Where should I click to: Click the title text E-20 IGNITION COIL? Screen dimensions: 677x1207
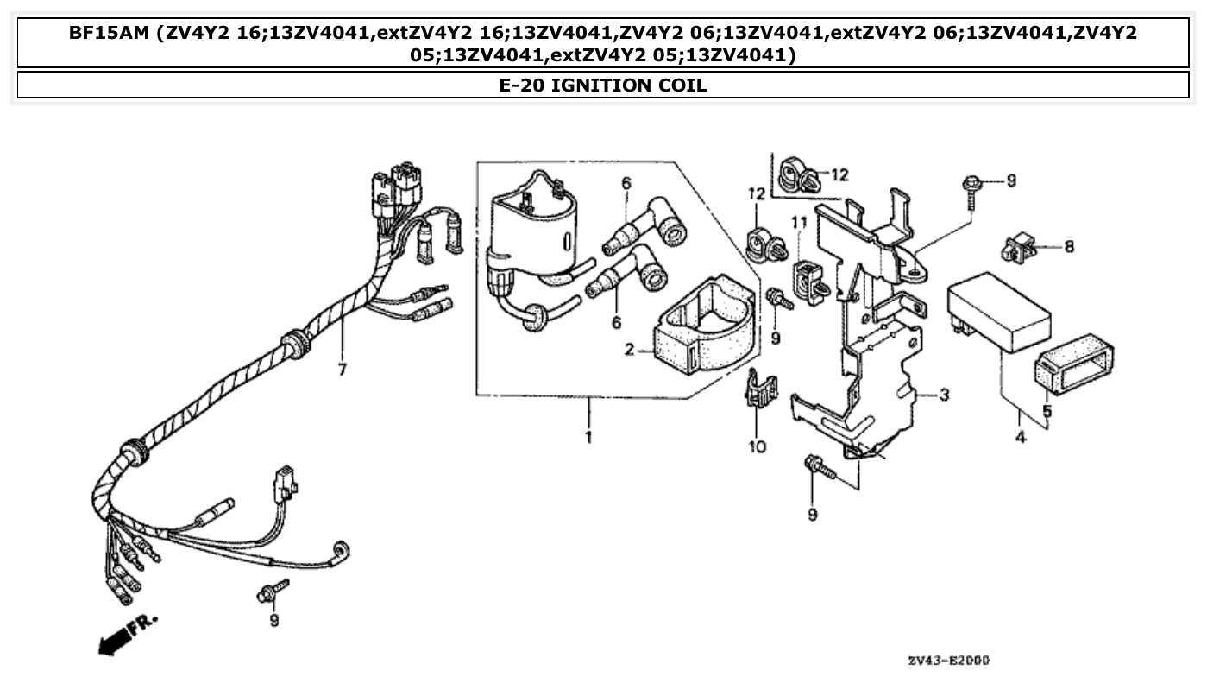pos(603,85)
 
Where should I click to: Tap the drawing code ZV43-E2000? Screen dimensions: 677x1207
pos(948,660)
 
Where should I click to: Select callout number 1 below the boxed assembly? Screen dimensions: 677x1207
pos(588,438)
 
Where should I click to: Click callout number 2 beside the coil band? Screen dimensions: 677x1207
pos(629,350)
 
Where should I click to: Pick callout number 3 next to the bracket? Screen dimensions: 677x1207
pos(945,395)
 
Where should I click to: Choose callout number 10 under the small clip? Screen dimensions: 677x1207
pos(757,446)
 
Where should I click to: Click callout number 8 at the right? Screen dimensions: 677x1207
pos(1069,247)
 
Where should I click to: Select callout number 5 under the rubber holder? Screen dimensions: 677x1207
pos(1047,412)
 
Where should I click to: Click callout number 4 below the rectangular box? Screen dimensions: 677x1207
pos(1021,438)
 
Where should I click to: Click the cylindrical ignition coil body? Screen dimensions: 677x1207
pos(531,229)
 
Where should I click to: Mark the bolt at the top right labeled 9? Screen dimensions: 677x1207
pos(972,186)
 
